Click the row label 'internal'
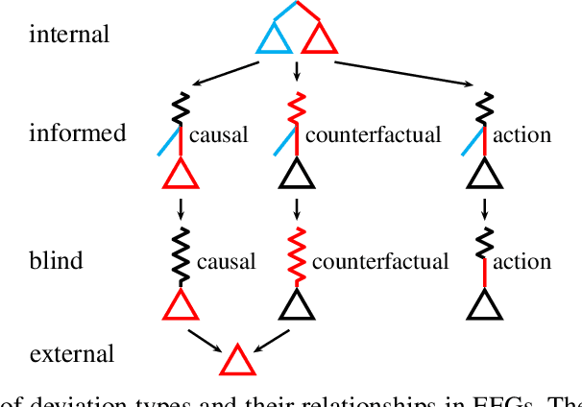coord(69,36)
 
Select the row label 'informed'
coord(77,133)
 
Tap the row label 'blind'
coord(56,260)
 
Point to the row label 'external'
coord(72,353)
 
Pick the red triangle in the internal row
coord(318,39)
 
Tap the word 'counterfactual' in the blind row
coord(379,261)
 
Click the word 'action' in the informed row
coord(521,134)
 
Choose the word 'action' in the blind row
coord(521,261)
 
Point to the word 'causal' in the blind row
coord(226,261)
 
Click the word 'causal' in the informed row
coord(218,134)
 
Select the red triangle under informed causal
coord(179,175)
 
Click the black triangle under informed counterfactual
coord(297,175)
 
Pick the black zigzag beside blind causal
coord(179,252)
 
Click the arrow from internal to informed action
coord(404,74)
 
